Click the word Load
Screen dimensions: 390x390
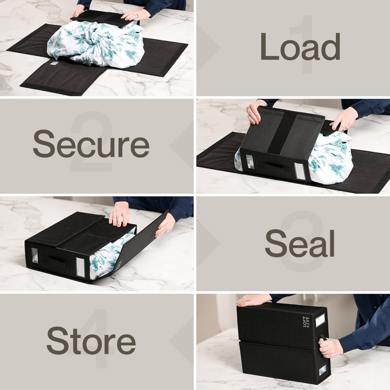300,46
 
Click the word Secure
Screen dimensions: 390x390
91,144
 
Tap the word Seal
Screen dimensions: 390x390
300,243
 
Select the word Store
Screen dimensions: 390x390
91,340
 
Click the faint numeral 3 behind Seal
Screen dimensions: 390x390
302,241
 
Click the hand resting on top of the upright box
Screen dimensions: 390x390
253,300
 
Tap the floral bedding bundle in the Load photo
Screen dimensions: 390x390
96,44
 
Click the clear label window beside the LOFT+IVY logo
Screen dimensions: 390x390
320,321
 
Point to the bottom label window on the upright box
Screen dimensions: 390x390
322,370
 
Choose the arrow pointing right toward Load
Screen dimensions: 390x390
209,46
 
